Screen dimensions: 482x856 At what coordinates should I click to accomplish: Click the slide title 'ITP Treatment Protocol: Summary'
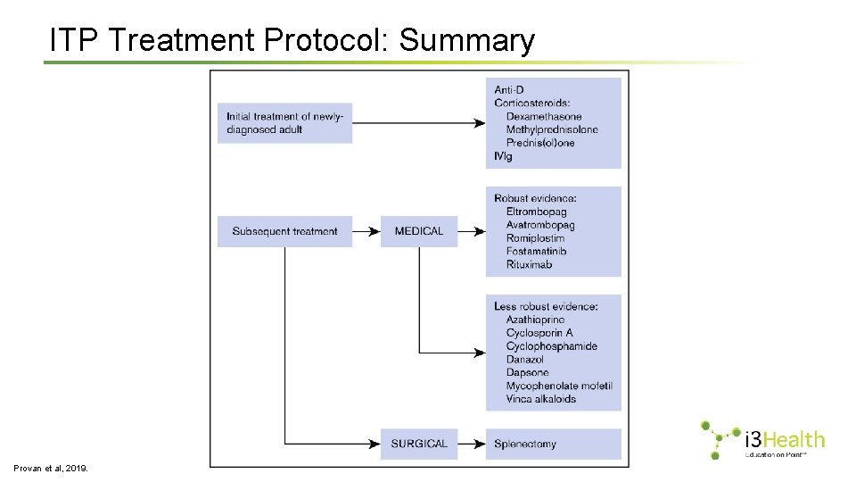[x=292, y=40]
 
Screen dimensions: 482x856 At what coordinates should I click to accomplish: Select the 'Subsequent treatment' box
[x=284, y=231]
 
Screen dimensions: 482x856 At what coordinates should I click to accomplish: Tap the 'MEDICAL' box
[x=418, y=231]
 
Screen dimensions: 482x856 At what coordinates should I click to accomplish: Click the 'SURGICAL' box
[x=418, y=444]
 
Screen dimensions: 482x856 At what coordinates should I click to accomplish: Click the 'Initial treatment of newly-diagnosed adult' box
[x=284, y=123]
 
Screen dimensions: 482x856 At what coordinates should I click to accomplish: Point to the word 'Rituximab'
[x=530, y=264]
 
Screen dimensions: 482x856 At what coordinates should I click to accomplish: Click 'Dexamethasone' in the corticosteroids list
[x=543, y=116]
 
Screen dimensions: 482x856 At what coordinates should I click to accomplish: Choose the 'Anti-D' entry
[x=509, y=89]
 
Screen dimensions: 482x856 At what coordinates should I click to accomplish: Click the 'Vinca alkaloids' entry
[x=540, y=399]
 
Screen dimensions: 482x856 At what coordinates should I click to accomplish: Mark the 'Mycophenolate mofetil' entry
[x=558, y=386]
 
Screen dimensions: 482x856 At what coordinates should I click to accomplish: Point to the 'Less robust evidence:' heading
[x=546, y=306]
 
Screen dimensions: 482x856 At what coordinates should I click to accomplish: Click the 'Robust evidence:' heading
[x=535, y=198]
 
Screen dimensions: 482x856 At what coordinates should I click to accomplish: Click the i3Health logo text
[x=784, y=439]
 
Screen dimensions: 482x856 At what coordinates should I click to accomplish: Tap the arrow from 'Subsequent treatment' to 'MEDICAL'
[x=366, y=231]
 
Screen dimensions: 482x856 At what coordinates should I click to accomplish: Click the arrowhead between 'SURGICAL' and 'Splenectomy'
[x=480, y=444]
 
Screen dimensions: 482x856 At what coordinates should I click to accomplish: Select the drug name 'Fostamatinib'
[x=536, y=251]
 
